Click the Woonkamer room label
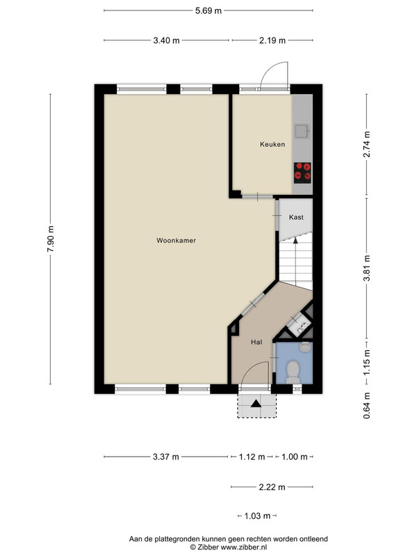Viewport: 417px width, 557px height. point(177,240)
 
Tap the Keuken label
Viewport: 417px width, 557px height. point(272,144)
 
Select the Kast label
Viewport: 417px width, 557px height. point(296,217)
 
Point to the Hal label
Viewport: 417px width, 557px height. point(256,342)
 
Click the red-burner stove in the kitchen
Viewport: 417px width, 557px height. point(302,173)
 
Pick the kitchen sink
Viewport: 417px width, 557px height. point(302,131)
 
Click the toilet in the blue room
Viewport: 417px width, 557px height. point(293,372)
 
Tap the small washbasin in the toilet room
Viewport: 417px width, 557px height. point(304,347)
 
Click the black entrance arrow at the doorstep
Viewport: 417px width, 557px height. point(256,404)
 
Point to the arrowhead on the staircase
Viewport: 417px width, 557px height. point(295,241)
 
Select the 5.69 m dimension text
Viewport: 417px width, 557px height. point(208,10)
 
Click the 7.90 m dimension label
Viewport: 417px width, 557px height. point(50,239)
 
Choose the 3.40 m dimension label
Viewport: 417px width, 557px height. point(166,40)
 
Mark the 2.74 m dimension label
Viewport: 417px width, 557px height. point(367,144)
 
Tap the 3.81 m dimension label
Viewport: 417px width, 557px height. point(367,268)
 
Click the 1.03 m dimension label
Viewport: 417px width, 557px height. point(257,516)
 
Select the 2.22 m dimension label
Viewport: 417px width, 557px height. point(272,487)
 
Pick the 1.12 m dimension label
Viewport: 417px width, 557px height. point(252,457)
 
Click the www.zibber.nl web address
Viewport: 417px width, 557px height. point(244,547)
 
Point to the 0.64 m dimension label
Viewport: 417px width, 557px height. point(367,405)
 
